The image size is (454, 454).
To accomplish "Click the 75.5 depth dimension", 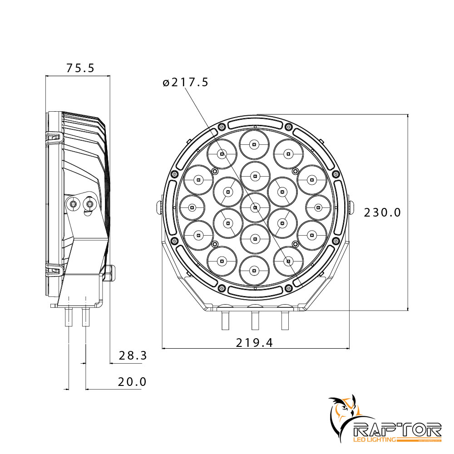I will (80, 68).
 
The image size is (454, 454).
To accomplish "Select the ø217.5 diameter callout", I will (185, 83).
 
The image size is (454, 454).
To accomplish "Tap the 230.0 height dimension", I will (382, 212).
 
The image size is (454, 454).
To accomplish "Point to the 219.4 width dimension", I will (254, 343).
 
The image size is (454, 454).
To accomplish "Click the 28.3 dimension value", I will (133, 355).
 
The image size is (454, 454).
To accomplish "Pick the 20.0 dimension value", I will (132, 382).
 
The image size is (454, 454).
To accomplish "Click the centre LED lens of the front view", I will (255, 207).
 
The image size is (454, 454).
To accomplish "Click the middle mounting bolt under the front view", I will (255, 320).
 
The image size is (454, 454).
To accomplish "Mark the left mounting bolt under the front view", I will (224, 320).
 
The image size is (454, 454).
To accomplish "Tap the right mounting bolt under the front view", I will (285, 320).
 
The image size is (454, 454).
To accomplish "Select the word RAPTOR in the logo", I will (397, 429).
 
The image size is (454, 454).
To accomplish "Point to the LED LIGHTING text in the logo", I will (374, 439).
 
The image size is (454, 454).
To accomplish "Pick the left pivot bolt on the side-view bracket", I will (73, 204).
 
